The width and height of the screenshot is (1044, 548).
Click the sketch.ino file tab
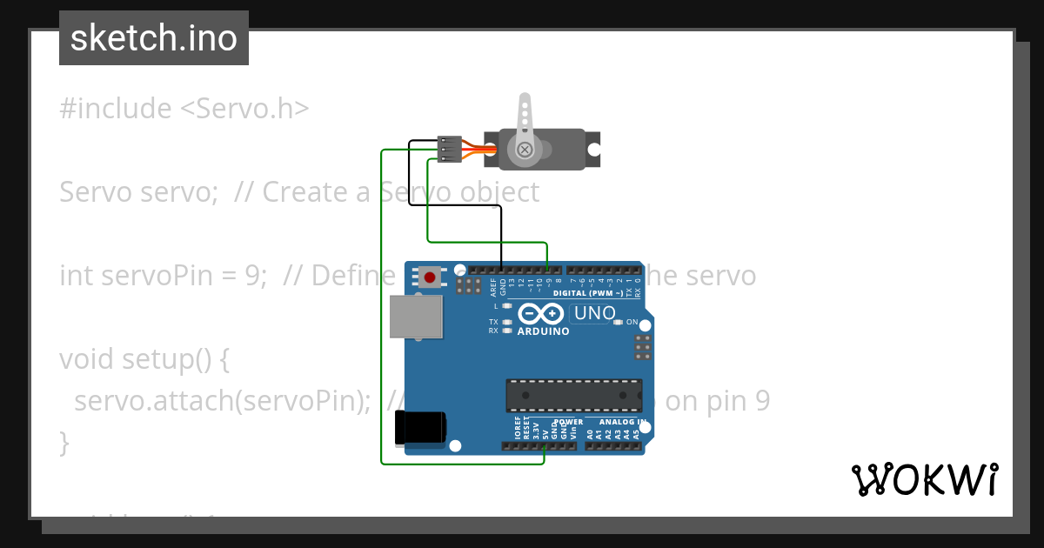[x=154, y=38]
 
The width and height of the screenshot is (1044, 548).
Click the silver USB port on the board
[x=416, y=317]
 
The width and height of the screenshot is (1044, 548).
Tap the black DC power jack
[x=420, y=427]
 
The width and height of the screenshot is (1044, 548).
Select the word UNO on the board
[x=594, y=313]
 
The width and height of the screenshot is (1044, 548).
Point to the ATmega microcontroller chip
[x=575, y=395]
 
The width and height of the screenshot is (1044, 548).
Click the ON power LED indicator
[x=619, y=322]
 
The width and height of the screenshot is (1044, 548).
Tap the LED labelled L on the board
[x=505, y=306]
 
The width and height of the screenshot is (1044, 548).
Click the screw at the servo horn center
[x=525, y=150]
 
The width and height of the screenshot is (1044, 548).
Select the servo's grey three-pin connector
[x=450, y=149]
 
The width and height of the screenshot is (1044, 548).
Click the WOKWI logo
[x=924, y=479]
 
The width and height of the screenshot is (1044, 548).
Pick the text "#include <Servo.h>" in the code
[x=184, y=109]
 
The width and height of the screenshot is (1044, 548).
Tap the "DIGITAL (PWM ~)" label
[x=593, y=293]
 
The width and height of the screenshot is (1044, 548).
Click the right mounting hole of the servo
[x=593, y=150]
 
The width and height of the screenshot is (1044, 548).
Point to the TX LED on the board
[x=505, y=322]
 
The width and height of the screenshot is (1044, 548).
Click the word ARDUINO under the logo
[x=543, y=331]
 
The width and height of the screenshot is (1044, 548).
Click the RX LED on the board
[x=505, y=331]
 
